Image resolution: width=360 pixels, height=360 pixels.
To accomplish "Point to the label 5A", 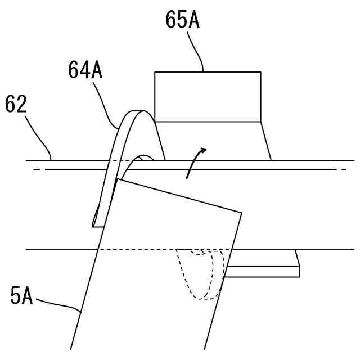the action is (21, 296).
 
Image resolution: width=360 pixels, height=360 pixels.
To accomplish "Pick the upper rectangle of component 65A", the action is (208, 96).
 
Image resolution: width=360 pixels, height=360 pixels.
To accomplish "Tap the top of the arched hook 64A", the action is (137, 112).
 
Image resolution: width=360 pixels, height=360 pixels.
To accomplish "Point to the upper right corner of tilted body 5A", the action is (241, 213).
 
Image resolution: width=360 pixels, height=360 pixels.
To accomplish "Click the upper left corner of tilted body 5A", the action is (118, 179).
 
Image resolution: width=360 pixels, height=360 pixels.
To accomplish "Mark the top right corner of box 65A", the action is (260, 72).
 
